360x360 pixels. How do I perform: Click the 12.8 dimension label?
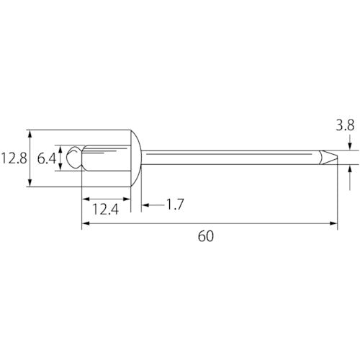14,158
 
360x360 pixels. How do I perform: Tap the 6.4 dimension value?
47,158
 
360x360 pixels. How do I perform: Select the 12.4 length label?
106,209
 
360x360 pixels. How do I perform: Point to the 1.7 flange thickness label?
175,204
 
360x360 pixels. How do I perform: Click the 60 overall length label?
206,236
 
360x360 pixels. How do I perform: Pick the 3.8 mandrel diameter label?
345,125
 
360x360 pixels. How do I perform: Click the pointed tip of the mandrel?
337,158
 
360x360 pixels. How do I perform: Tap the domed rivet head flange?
136,158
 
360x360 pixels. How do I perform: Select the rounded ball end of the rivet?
74,158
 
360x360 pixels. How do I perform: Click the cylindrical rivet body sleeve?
107,158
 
